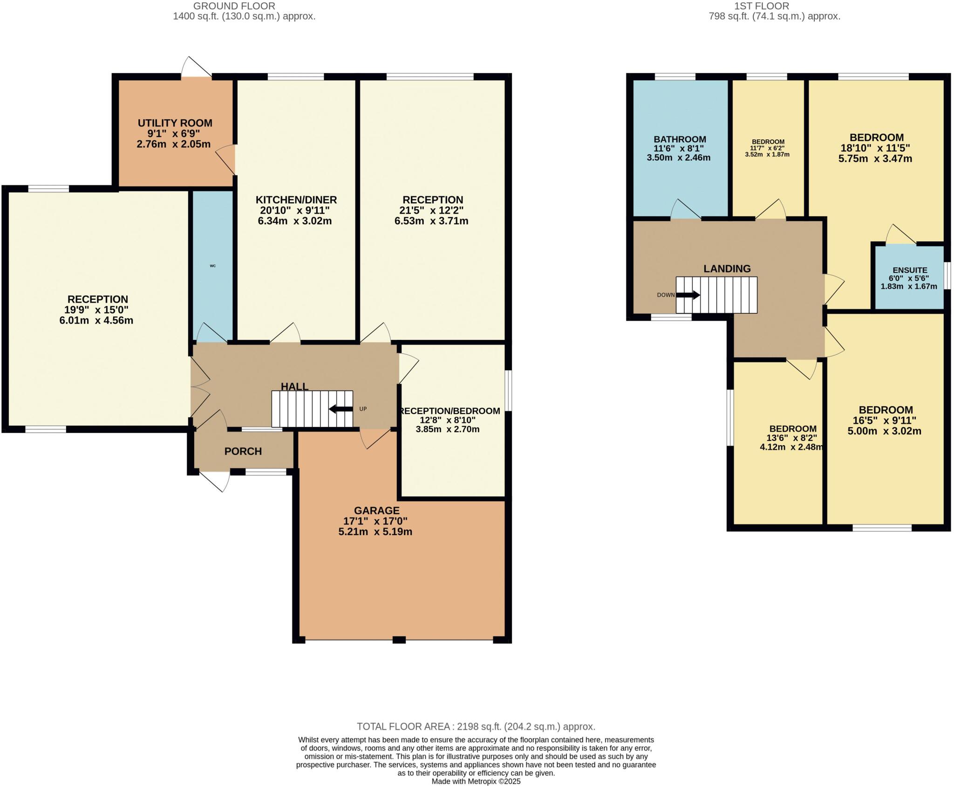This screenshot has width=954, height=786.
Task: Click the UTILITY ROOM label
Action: click(x=175, y=123)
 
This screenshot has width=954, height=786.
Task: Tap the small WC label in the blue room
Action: click(x=213, y=266)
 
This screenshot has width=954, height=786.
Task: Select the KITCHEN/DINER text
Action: click(x=296, y=200)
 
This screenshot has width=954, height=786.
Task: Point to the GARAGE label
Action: click(x=376, y=510)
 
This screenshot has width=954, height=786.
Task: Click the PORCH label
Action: click(x=243, y=451)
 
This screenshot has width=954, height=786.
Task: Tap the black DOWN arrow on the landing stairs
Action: click(x=688, y=295)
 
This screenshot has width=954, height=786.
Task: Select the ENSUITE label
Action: click(x=909, y=270)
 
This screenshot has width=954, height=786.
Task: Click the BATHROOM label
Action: click(x=680, y=139)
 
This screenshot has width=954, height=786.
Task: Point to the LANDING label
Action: click(x=727, y=269)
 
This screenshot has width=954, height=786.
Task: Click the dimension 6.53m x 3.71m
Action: click(x=431, y=221)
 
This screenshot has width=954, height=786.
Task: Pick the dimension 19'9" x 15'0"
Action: click(x=96, y=310)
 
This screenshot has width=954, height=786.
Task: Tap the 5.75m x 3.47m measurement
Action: click(x=875, y=159)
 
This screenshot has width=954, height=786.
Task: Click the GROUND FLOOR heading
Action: click(x=234, y=6)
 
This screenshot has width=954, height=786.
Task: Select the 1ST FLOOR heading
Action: click(x=774, y=6)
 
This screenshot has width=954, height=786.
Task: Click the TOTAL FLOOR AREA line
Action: click(x=476, y=726)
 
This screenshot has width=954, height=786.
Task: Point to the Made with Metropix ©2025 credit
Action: click(x=476, y=781)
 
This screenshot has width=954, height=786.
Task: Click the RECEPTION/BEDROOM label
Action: click(x=450, y=411)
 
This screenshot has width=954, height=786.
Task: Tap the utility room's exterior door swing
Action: click(x=196, y=68)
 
